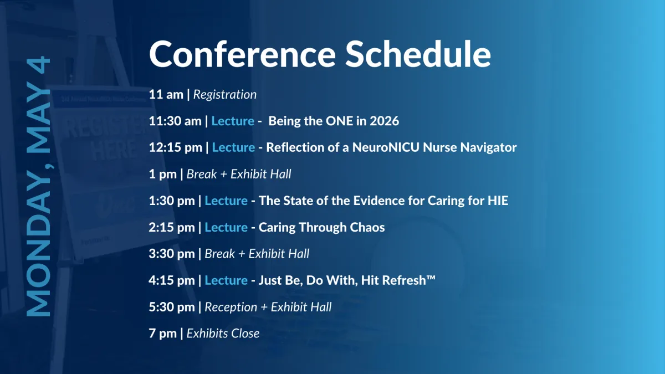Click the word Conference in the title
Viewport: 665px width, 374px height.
[x=243, y=54]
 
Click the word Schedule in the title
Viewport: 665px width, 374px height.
[x=418, y=54]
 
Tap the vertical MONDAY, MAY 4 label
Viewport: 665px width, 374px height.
[x=39, y=186]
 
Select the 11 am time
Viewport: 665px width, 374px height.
[x=166, y=94]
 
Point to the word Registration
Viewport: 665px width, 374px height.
[x=225, y=94]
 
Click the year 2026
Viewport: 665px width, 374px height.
[x=384, y=121]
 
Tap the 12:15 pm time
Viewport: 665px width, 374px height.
[x=176, y=147]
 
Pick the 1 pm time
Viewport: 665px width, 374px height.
[x=163, y=174]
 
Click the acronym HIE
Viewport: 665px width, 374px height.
[x=498, y=201]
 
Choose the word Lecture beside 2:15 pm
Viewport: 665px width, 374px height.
[x=226, y=227]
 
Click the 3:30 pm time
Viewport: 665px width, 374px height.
[x=172, y=254]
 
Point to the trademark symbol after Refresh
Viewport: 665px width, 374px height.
[x=431, y=278]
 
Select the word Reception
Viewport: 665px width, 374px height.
[x=231, y=307]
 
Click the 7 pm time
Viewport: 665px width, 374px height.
[x=163, y=334]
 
